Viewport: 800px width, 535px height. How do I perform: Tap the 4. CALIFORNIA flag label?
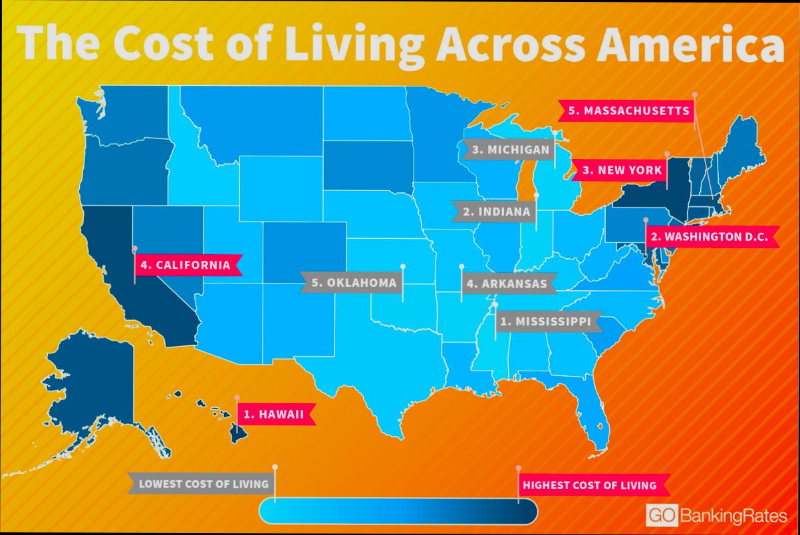click(186, 265)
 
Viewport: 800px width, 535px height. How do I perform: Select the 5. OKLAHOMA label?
click(352, 283)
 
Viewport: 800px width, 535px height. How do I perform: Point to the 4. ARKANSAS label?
click(507, 284)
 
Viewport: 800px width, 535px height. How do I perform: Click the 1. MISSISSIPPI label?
click(545, 322)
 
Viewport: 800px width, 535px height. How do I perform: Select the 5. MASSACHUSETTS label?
click(628, 110)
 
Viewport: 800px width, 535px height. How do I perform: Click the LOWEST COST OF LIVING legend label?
click(203, 484)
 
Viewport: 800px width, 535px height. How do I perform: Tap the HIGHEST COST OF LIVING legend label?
click(589, 485)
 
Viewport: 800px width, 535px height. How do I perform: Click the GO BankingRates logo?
click(716, 516)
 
